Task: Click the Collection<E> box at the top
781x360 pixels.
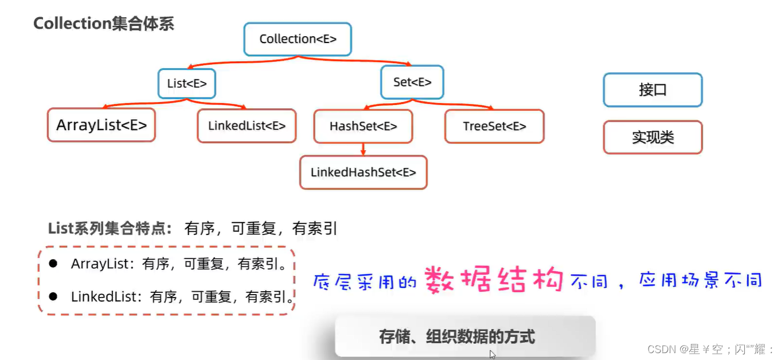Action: tap(297, 39)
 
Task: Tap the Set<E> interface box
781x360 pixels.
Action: tap(412, 82)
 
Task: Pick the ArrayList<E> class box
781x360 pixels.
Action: tap(101, 125)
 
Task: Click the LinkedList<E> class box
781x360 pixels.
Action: tap(247, 126)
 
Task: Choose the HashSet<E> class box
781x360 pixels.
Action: tap(363, 126)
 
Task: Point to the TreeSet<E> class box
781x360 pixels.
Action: tap(494, 126)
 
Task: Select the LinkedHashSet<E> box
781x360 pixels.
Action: tap(363, 172)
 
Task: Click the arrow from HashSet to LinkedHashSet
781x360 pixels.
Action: tap(363, 149)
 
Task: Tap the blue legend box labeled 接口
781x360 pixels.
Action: tap(653, 90)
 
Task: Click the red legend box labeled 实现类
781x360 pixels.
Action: tap(653, 138)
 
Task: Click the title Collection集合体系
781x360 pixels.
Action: tap(103, 24)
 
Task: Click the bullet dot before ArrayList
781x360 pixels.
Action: tap(53, 264)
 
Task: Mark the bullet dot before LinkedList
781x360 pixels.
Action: tap(53, 296)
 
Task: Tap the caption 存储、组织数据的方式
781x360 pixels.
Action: tap(456, 336)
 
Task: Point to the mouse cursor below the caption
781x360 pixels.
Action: tap(492, 354)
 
